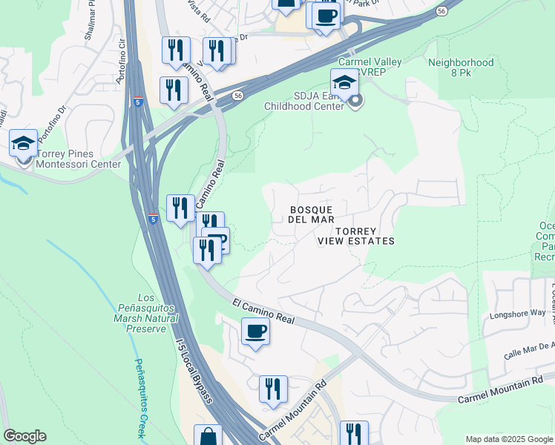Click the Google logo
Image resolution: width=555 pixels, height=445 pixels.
click(24, 436)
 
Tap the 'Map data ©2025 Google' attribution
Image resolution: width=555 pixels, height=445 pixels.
click(509, 439)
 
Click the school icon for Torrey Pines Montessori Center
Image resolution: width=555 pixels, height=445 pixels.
click(23, 142)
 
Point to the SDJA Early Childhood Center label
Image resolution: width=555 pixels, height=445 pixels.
click(304, 101)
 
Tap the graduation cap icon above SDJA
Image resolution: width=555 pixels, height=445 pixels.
click(344, 82)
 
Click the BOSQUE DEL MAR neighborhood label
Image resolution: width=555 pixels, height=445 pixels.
click(312, 214)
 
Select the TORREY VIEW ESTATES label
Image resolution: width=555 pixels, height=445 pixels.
click(355, 236)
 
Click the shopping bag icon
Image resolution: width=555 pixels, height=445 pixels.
click(208, 436)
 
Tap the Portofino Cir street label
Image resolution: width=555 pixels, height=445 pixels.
click(121, 56)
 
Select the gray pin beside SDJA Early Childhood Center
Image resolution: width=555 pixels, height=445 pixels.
click(355, 101)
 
